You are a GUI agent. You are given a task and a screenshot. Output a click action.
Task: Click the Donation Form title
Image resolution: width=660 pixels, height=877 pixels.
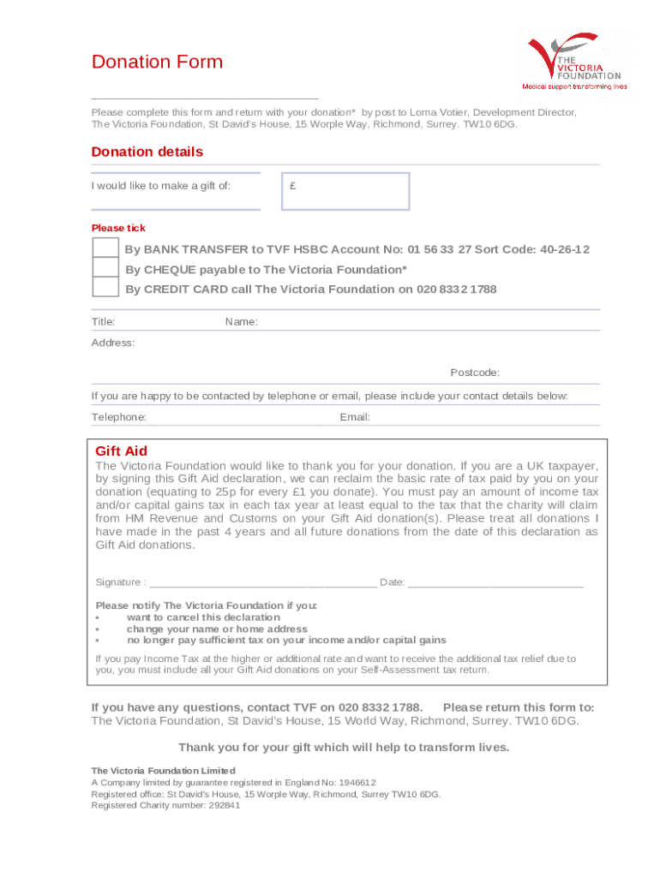157,62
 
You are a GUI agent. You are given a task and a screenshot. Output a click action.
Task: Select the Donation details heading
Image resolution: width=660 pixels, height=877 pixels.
147,152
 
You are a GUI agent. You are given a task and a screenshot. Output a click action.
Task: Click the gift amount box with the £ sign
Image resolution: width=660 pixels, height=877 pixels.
346,191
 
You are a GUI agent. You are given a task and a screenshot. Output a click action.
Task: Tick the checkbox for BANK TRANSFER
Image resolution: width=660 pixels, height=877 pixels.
105,248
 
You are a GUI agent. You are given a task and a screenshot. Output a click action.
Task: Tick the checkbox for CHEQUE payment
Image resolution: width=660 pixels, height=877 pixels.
105,268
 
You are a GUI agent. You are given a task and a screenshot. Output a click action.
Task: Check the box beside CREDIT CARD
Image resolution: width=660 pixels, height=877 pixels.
105,288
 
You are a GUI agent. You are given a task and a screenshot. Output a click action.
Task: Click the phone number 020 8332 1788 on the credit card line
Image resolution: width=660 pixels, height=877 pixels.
457,289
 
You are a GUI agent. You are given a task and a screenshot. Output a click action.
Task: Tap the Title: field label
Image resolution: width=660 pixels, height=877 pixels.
104,322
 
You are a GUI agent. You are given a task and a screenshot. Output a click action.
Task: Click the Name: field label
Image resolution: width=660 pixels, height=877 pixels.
242,322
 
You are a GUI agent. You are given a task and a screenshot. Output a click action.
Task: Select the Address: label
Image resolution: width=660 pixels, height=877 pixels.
113,343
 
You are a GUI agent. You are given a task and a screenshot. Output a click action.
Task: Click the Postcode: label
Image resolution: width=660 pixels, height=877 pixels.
475,373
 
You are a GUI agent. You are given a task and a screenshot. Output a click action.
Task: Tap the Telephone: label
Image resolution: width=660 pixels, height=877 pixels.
119,417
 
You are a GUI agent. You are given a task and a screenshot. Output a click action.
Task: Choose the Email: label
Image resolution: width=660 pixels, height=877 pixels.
355,417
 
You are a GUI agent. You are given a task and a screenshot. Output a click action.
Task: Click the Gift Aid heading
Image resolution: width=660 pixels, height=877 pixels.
121,451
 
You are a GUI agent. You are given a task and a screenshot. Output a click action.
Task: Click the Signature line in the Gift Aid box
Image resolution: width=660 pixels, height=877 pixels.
262,582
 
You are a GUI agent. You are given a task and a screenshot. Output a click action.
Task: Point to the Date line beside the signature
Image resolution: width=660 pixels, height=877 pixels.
495,582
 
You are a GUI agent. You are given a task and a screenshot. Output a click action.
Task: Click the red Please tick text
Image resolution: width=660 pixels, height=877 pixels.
118,228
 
